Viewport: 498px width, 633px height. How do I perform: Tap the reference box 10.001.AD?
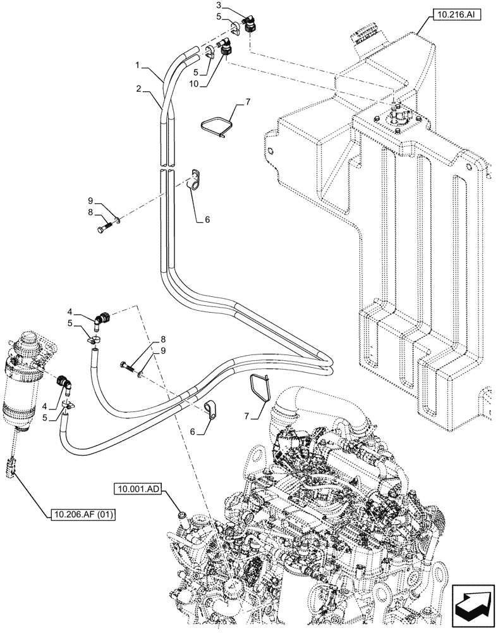coord(138,489)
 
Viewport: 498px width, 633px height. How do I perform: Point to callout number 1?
coord(137,65)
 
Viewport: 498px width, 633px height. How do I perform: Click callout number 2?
coord(137,89)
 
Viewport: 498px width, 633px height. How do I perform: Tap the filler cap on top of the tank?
coord(363,30)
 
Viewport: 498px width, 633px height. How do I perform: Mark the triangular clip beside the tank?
coord(214,124)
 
